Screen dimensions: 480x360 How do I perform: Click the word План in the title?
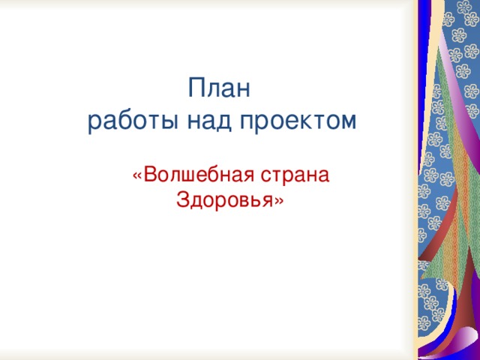tap(219, 88)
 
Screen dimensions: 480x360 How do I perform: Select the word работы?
tap(133, 121)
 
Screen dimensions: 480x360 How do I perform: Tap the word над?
tap(208, 121)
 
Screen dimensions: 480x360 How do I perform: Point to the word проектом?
tap(298, 121)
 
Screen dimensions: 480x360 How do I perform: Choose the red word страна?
tap(295, 175)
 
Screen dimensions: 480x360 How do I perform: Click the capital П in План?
tap(196, 88)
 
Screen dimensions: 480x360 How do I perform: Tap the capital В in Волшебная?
tap(149, 175)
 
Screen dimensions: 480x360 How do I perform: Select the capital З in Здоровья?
tap(182, 200)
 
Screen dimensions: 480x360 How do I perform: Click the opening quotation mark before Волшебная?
tap(137, 177)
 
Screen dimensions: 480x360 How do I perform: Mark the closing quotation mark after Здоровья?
tap(279, 202)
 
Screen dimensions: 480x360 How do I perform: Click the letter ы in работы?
tap(169, 121)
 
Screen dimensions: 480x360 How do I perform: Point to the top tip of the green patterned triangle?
tap(439, 46)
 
